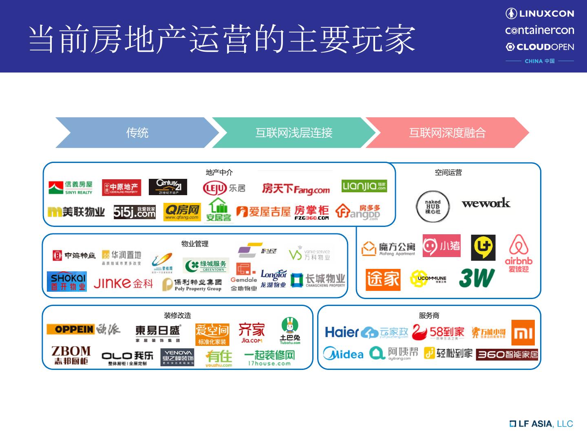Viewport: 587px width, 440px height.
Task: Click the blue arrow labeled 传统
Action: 137,132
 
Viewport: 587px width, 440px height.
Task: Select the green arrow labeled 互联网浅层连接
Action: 293,132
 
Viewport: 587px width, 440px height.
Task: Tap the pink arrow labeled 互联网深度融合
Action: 447,132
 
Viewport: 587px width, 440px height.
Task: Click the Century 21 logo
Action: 168,187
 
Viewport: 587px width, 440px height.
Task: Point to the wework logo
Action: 486,203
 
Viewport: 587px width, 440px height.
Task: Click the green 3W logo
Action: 477,278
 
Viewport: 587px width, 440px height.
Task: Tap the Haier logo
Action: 342,332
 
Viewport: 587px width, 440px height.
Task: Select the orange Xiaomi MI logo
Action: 523,332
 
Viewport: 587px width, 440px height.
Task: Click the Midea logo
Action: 343,354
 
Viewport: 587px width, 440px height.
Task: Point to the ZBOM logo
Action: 71,355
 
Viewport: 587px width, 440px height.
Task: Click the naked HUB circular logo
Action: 433,207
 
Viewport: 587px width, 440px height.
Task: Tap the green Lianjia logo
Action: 364,186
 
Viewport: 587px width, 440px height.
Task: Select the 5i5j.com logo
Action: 135,212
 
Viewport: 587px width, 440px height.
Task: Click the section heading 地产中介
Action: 219,172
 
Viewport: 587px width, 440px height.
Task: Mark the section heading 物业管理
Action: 195,244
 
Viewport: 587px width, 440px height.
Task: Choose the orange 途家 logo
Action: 383,279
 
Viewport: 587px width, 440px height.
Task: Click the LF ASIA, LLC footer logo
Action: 541,424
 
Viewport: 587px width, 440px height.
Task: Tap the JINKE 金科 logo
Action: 123,283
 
